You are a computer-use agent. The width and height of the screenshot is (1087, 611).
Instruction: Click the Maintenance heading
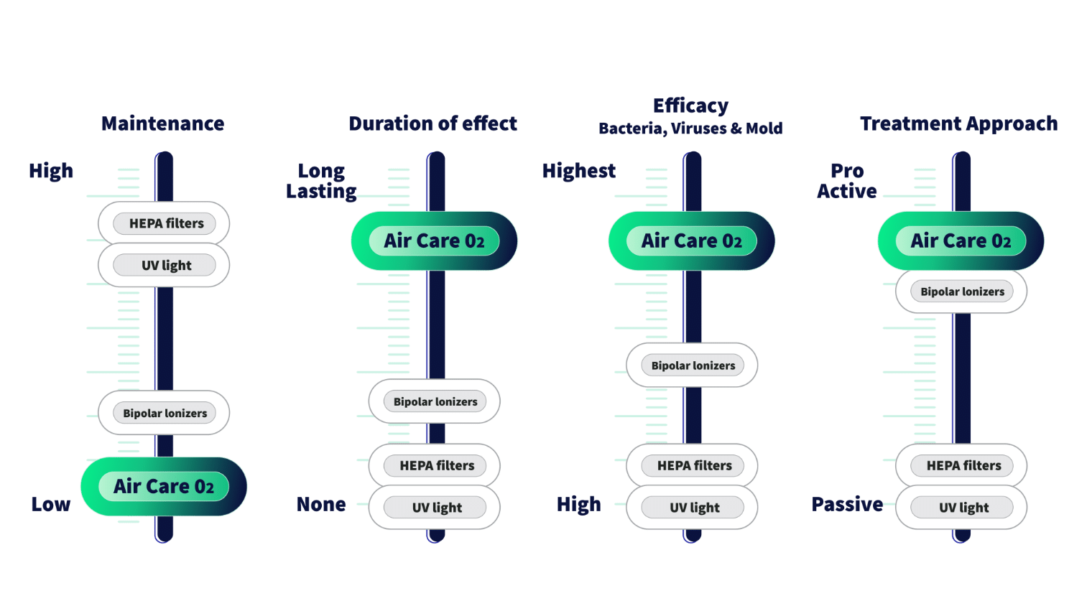162,123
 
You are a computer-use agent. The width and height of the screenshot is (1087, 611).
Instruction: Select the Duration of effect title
433,123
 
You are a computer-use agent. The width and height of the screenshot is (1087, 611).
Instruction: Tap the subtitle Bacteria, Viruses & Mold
690,129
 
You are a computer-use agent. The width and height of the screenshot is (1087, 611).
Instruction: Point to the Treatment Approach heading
959,123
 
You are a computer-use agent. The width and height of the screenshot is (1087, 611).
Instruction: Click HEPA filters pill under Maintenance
164,223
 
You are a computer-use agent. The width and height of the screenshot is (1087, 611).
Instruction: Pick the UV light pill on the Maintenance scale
164,265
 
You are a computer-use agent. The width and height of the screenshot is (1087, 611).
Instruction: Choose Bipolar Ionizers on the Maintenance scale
164,413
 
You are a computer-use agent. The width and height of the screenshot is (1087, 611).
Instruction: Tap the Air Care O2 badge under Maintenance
164,486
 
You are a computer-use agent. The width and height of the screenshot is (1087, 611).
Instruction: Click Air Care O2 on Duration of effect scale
435,241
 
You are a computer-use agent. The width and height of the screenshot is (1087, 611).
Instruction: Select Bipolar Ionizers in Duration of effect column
435,401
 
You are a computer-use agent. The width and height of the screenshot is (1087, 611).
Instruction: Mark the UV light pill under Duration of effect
435,507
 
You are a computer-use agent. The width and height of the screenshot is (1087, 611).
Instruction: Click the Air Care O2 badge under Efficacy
692,241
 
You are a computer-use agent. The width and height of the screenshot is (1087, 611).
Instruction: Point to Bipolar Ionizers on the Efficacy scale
692,365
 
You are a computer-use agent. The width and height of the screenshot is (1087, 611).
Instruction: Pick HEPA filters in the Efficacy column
692,465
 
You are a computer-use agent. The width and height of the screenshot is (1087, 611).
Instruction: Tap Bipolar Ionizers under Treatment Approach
961,291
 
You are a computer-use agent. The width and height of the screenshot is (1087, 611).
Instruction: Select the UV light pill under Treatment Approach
961,507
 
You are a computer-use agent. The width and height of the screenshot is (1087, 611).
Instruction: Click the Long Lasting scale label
321,181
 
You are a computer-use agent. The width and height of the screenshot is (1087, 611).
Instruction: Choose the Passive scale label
847,504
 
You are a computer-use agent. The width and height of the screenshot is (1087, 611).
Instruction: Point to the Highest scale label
579,171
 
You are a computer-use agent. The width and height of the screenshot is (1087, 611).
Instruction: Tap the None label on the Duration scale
321,504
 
